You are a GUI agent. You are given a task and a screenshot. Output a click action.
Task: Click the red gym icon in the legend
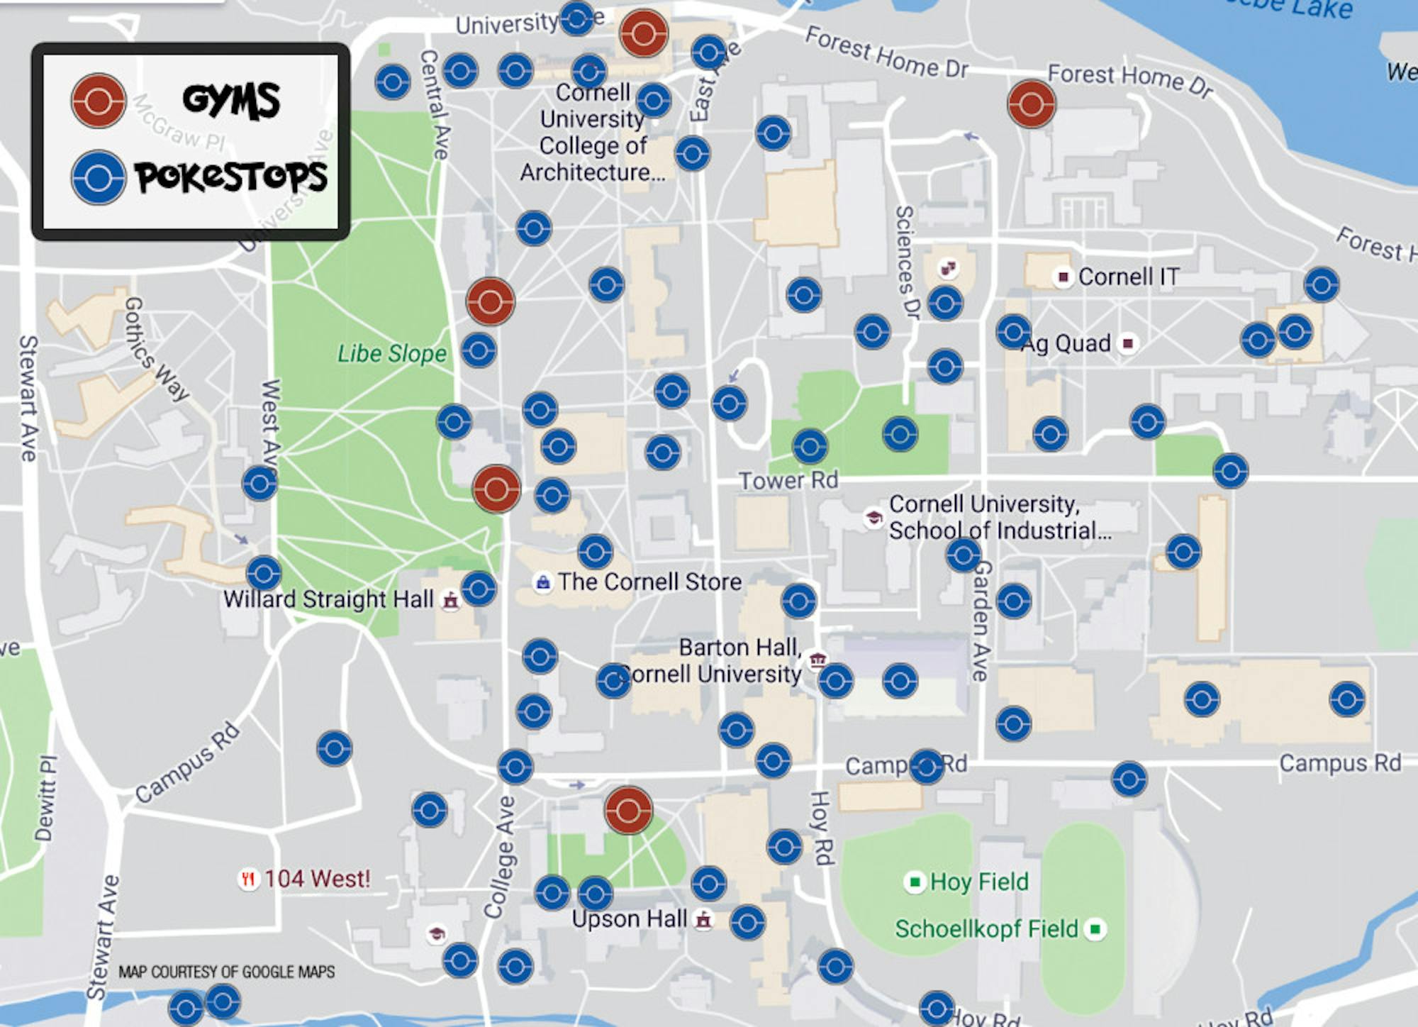(99, 101)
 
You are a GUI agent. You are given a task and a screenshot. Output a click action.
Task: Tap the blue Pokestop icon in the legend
(99, 177)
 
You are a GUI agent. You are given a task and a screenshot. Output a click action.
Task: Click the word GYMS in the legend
(231, 100)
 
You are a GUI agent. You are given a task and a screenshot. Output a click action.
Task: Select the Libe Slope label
(392, 353)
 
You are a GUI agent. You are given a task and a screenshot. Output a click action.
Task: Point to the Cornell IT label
(1128, 277)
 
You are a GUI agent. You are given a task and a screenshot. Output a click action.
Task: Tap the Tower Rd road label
(788, 481)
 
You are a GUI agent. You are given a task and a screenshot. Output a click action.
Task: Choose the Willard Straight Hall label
(328, 599)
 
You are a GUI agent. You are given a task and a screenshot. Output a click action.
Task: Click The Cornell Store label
(649, 582)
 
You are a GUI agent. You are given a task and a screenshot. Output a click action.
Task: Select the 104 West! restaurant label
(317, 879)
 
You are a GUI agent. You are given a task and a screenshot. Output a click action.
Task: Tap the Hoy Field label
(979, 882)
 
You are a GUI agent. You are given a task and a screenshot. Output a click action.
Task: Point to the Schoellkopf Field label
(986, 928)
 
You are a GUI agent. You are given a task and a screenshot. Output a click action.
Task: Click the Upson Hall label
(630, 919)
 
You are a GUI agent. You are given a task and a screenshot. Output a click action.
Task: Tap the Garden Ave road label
(981, 620)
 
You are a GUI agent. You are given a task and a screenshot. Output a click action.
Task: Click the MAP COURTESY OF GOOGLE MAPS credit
(226, 972)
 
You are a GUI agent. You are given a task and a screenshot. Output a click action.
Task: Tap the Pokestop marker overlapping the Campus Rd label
(926, 767)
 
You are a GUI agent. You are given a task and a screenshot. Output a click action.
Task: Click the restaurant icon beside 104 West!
(247, 880)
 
